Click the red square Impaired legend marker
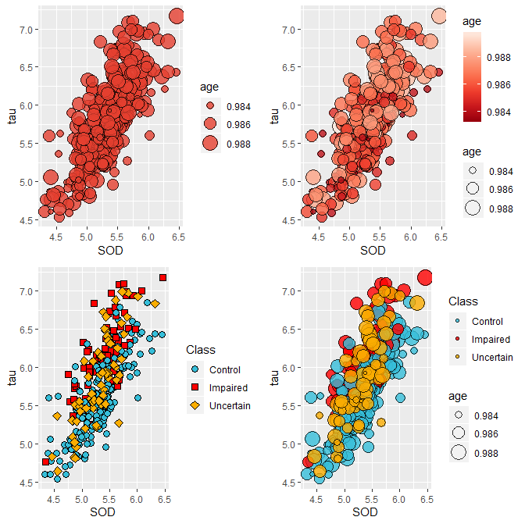click(195, 388)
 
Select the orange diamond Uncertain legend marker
click(195, 406)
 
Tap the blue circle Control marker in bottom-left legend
click(195, 369)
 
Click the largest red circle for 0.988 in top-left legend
click(210, 142)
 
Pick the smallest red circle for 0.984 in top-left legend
click(210, 105)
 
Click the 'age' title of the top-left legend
click(209, 86)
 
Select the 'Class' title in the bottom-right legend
click(463, 301)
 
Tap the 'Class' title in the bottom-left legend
click(201, 350)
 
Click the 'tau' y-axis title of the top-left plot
click(11, 115)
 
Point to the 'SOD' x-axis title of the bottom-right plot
click(366, 512)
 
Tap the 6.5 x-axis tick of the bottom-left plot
click(163, 497)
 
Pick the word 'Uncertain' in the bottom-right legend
click(491, 358)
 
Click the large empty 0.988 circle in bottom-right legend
click(459, 451)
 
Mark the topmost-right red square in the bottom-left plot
click(163, 277)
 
